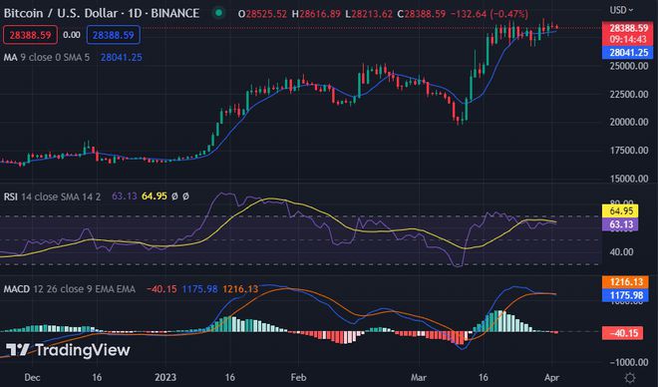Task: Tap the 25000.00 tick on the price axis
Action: [x=624, y=67]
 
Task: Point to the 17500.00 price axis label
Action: [x=624, y=151]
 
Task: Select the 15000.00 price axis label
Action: [x=624, y=179]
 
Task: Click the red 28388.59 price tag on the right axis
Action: [x=625, y=29]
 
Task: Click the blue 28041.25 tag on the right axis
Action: [x=625, y=50]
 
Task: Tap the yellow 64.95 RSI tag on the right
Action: [x=621, y=211]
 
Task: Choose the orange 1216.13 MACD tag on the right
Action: [x=623, y=283]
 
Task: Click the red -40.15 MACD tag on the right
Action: [x=623, y=332]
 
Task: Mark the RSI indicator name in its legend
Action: [x=12, y=195]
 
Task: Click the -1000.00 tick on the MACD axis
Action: [x=624, y=362]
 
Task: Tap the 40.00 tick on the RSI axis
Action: [x=620, y=252]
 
